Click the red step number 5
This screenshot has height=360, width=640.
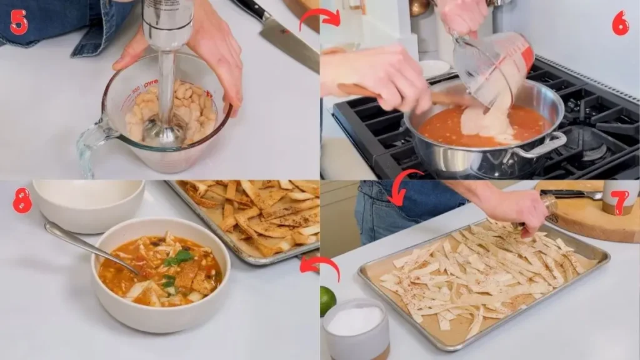(x=19, y=22)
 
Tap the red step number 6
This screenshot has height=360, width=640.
(x=620, y=23)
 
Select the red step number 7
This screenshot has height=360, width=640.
(x=619, y=201)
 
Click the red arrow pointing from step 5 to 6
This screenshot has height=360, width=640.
(x=320, y=17)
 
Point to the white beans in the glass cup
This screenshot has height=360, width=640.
(x=187, y=106)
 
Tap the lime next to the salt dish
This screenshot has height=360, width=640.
(x=327, y=300)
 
